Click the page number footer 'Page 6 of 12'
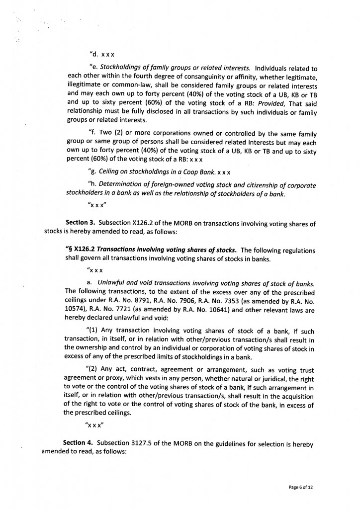click(301, 487)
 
